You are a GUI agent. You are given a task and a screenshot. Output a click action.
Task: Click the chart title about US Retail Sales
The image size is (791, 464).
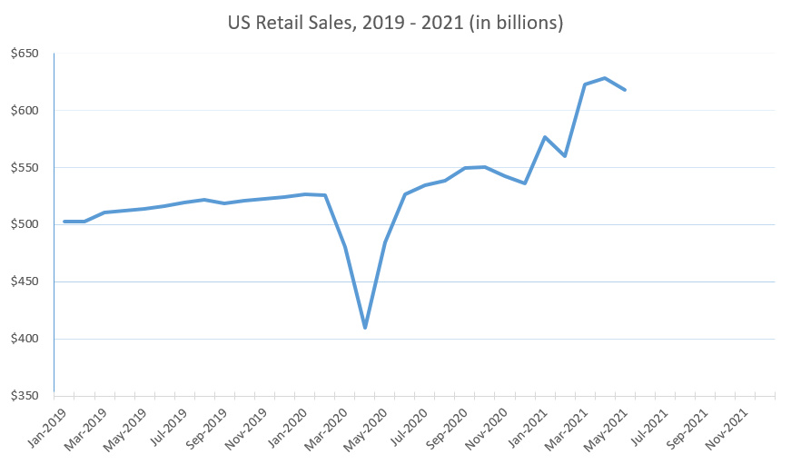[x=395, y=23]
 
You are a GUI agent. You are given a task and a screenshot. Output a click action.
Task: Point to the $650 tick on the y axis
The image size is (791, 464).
[x=25, y=54]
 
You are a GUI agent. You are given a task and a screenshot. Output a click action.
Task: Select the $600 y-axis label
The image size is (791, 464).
[x=25, y=111]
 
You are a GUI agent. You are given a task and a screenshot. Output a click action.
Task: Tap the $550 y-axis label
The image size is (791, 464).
[x=25, y=168]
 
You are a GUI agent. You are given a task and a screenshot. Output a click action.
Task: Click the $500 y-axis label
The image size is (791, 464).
[x=25, y=225]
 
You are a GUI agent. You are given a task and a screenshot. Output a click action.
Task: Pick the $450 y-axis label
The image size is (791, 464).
[x=25, y=282]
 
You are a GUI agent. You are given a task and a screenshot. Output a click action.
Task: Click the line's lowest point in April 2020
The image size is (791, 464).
[x=365, y=327]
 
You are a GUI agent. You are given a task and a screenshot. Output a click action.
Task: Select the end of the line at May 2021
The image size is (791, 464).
[x=625, y=89]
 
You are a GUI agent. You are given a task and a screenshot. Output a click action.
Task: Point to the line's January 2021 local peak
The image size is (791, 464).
[x=545, y=137]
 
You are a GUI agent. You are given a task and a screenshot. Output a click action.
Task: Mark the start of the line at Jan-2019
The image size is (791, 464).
[x=64, y=222]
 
